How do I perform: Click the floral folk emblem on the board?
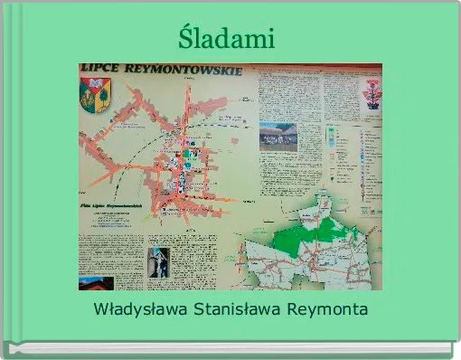[x=372, y=93]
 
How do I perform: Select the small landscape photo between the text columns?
[x=278, y=136]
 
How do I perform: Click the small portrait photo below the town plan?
[x=158, y=262]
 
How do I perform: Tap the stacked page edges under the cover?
[x=230, y=349]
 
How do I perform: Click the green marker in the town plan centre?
[x=186, y=156]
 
